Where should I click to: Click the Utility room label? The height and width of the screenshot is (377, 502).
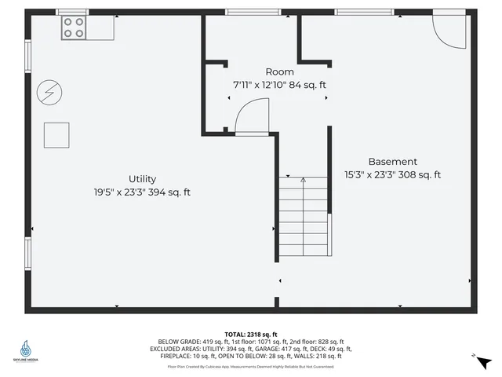pos(142,179)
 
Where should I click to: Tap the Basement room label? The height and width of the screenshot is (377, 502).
pos(392,162)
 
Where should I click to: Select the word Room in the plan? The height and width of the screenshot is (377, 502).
pos(279,71)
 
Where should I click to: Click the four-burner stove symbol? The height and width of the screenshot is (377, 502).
pos(74,28)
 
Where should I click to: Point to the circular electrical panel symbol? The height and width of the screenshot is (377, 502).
pos(49,93)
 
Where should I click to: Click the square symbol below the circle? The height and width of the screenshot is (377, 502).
pos(56,135)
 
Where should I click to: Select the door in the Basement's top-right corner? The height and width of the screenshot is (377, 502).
pos(450,26)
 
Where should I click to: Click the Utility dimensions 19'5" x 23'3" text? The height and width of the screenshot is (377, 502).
pos(142,192)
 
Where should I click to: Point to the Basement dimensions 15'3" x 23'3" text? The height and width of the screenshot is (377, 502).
pos(392,175)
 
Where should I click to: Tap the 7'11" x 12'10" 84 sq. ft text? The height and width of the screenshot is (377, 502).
pos(279,84)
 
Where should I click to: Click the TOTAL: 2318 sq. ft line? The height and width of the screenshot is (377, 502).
pos(251,334)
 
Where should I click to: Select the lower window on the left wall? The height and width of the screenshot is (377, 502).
pos(28,255)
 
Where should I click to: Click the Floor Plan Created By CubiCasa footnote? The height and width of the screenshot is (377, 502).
pos(251,366)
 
